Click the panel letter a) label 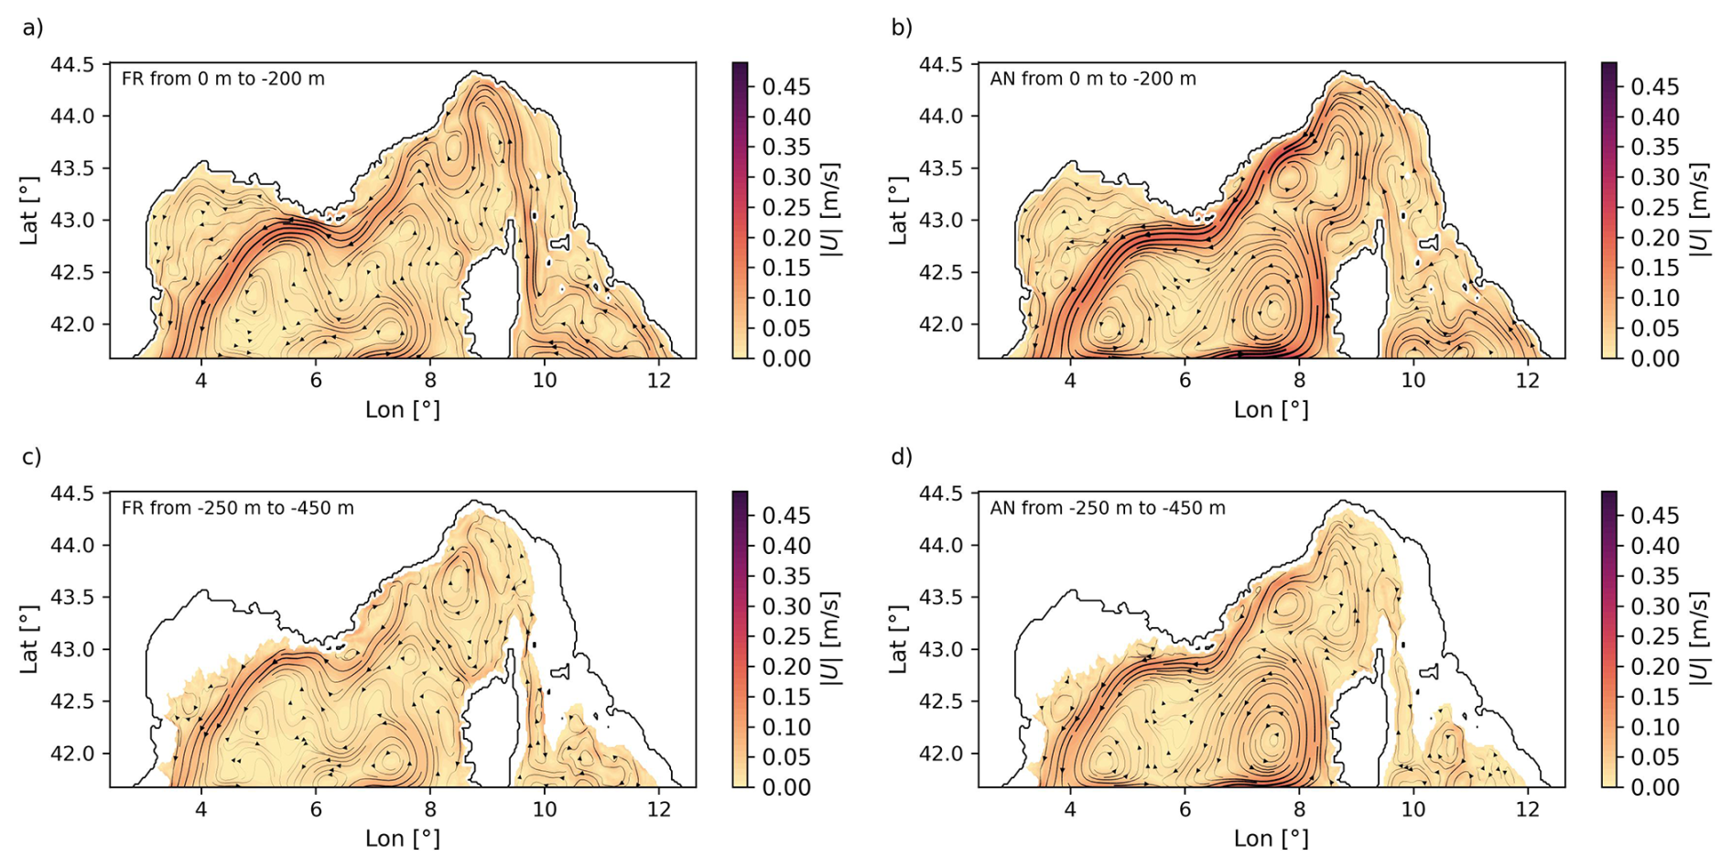point(33,28)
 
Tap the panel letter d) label point(902,457)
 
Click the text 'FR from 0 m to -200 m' point(222,79)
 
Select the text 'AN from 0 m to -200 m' point(1092,79)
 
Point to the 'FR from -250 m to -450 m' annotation point(237,508)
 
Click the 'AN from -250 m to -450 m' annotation point(1107,508)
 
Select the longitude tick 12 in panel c point(659,809)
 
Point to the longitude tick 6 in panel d point(1185,809)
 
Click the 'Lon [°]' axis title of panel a point(402,409)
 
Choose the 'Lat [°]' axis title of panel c point(29,639)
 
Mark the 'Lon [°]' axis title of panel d point(1271,838)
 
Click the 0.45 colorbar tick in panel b point(1654,87)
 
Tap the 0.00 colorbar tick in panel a point(785,359)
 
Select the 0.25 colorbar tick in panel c point(785,636)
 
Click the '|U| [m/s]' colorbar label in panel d point(1699,638)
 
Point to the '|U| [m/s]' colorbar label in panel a point(830,210)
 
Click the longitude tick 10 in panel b point(1413,380)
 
